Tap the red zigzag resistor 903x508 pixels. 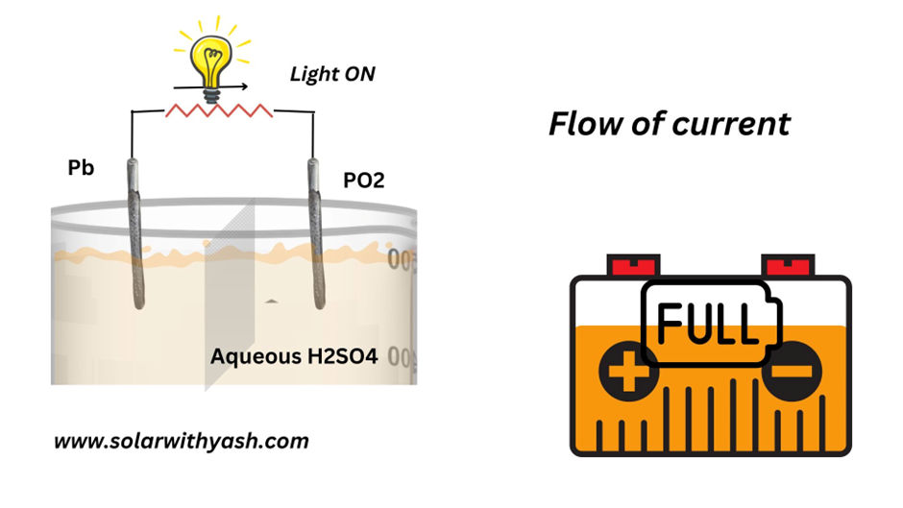pyautogui.click(x=219, y=110)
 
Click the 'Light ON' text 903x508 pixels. pyautogui.click(x=332, y=74)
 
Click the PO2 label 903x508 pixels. pyautogui.click(x=363, y=180)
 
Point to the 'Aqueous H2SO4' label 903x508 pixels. pyautogui.click(x=294, y=357)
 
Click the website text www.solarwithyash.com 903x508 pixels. pyautogui.click(x=182, y=442)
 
